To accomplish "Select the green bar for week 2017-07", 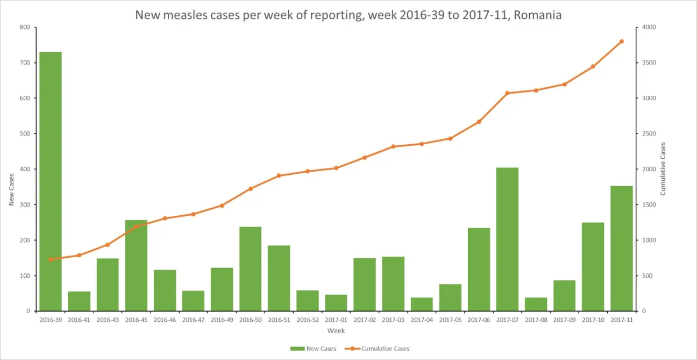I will click(x=507, y=239).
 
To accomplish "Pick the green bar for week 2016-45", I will click(x=136, y=265).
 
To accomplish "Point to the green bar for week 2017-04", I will click(x=422, y=304).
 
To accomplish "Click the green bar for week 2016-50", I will click(x=250, y=269).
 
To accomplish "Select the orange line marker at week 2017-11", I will click(x=621, y=41).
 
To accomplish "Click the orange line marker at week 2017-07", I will click(x=507, y=93).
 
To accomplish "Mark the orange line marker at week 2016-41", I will click(x=79, y=255).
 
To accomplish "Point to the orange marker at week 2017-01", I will click(x=336, y=168).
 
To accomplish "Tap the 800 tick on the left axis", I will click(x=25, y=27).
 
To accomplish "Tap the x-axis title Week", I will click(x=337, y=331).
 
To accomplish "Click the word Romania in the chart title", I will click(x=537, y=15).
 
